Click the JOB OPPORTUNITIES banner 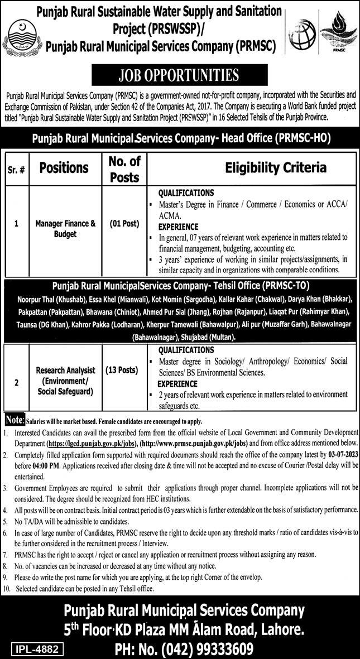[x=180, y=75]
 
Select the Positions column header [x=63, y=167]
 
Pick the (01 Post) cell [x=124, y=224]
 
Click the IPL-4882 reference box [x=35, y=649]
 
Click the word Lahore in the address [x=279, y=631]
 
